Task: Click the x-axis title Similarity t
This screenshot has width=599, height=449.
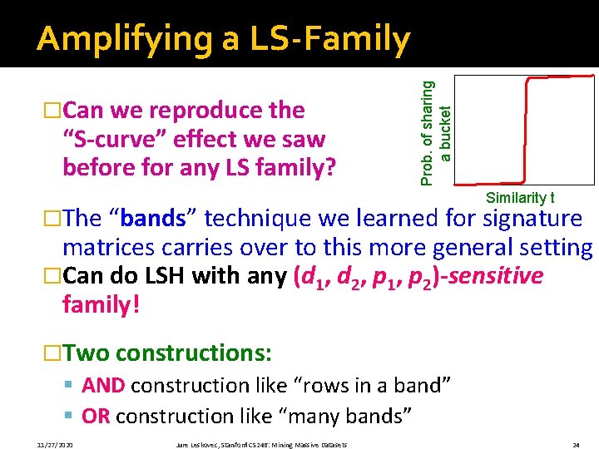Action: (520, 198)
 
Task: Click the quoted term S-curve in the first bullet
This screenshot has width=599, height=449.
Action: (116, 139)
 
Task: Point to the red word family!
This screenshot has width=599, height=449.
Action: (101, 304)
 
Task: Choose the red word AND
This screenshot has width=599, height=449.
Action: (104, 386)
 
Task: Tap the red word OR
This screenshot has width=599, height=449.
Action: (96, 416)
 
